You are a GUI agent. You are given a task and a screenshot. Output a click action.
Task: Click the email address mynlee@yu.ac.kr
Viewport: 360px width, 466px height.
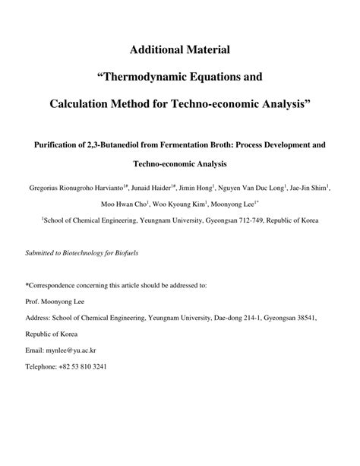[78, 350]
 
